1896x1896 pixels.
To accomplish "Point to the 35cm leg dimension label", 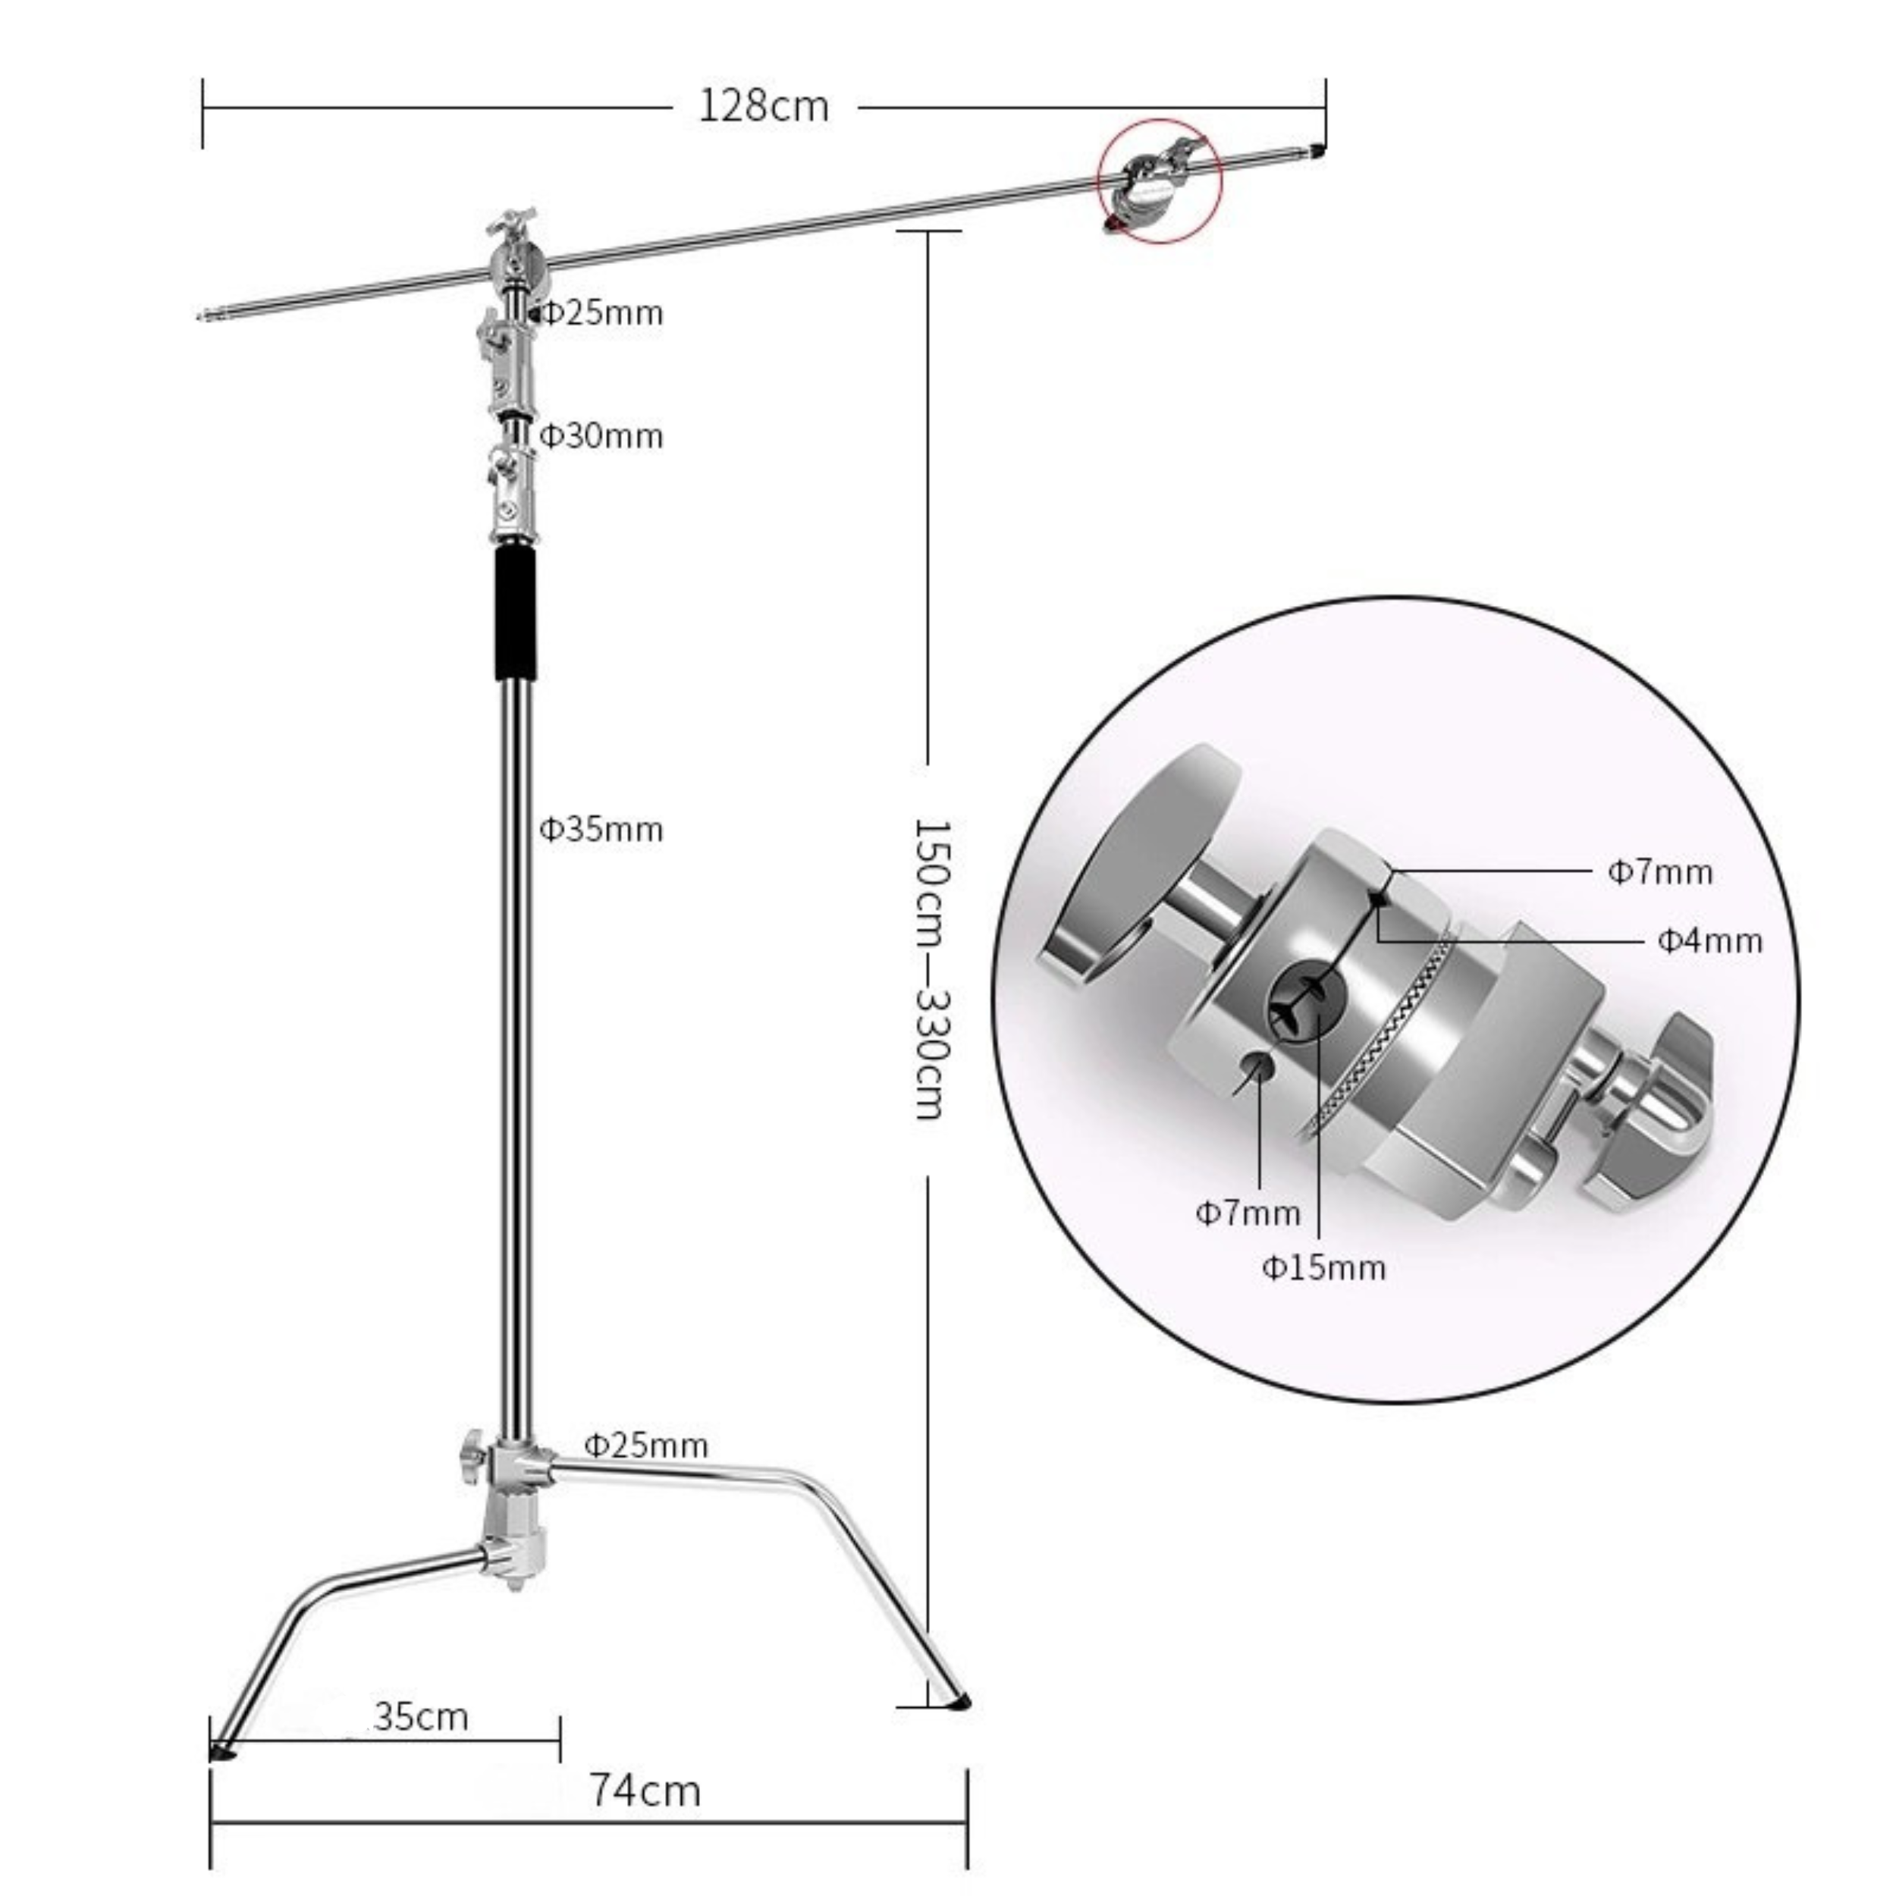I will point(422,1716).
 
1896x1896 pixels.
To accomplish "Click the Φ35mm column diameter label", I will point(601,830).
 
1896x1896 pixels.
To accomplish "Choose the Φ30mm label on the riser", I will point(601,436).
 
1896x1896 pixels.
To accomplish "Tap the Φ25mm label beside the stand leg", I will point(645,1445).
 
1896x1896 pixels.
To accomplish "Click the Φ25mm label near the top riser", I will point(601,313).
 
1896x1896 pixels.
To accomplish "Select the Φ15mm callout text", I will point(1324,1268).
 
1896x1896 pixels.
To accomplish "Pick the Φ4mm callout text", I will point(1709,941).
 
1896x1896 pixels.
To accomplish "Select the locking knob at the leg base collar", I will point(472,1459).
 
